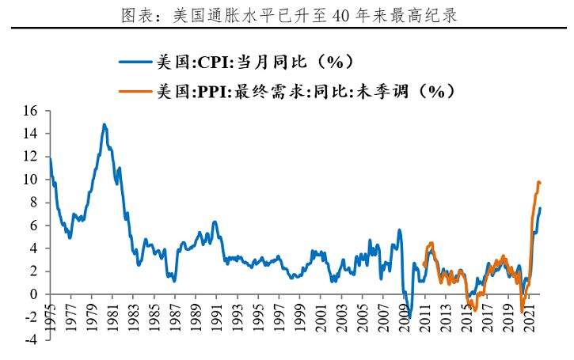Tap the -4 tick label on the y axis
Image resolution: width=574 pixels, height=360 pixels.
[x=32, y=339]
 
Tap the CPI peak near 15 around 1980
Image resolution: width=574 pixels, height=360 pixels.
[x=104, y=124]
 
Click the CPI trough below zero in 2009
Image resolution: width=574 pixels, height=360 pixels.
[x=409, y=317]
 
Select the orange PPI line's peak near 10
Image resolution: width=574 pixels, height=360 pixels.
[x=538, y=182]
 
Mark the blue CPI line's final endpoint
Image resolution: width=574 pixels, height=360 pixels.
[x=541, y=208]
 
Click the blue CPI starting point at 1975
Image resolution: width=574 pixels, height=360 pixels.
[x=50, y=158]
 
